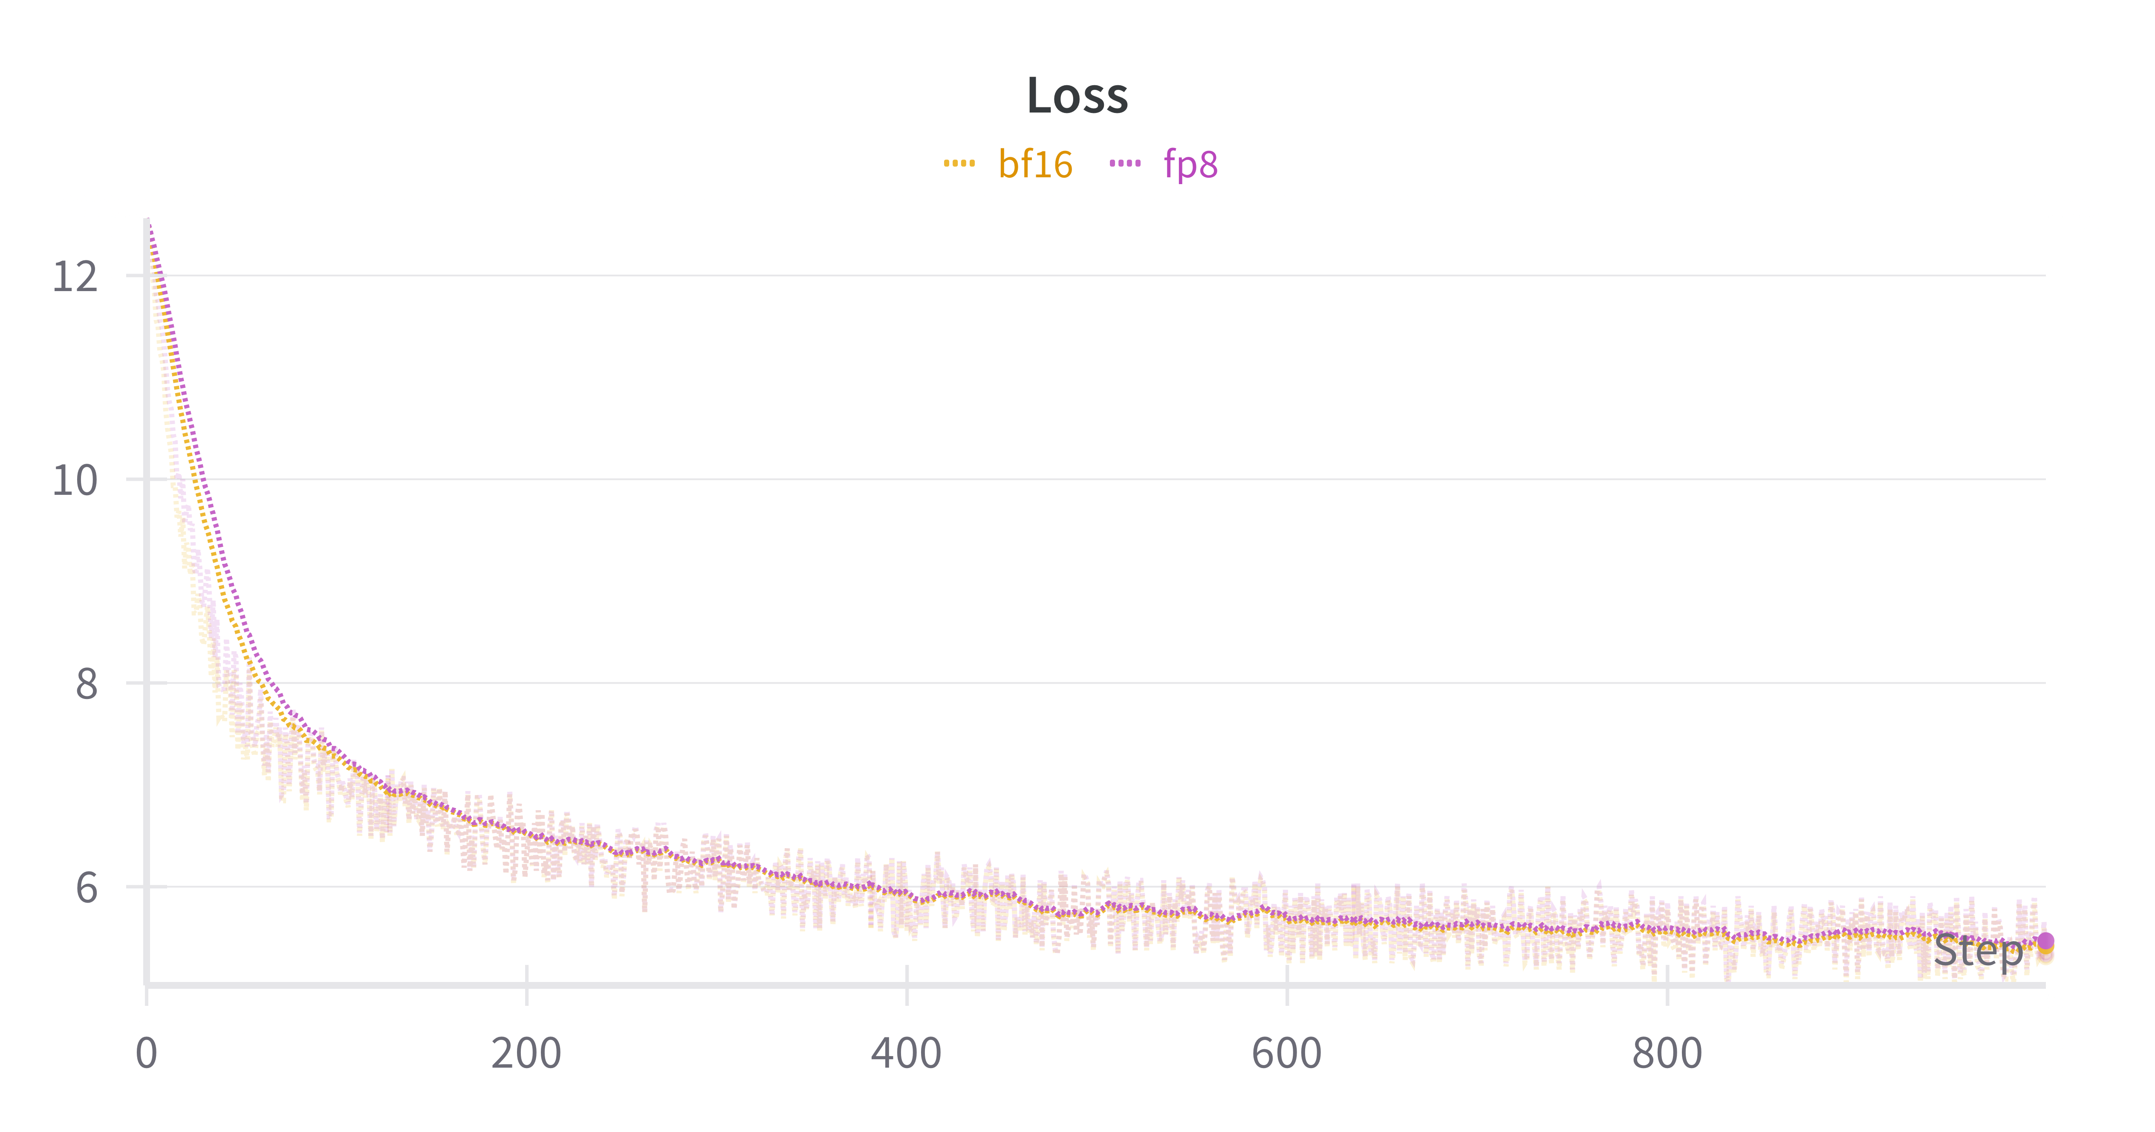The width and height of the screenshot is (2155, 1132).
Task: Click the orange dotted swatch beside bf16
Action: coord(959,163)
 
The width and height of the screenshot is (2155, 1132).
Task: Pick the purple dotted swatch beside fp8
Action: coord(1125,163)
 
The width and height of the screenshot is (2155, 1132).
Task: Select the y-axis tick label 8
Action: coord(86,684)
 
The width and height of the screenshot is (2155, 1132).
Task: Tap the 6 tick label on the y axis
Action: coord(86,888)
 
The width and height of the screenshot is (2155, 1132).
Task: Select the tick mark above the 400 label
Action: coord(907,976)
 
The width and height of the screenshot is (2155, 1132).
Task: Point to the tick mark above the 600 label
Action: coord(1287,976)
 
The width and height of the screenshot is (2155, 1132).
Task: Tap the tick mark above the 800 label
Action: coord(1667,976)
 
